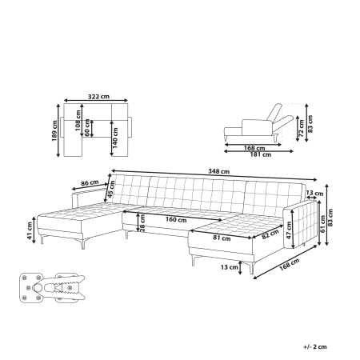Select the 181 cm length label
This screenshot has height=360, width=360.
pyautogui.click(x=257, y=154)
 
